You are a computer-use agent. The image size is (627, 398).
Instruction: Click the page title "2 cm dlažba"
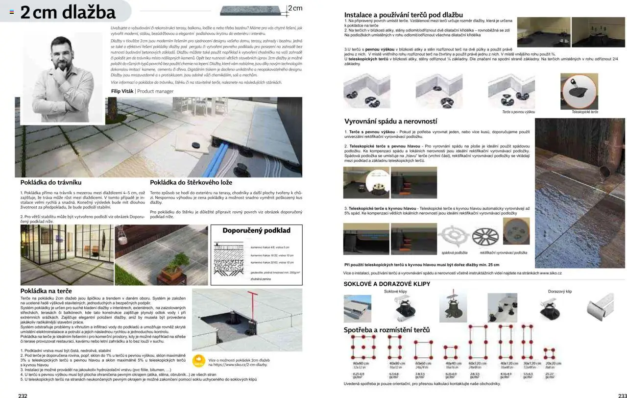pyautogui.click(x=68, y=12)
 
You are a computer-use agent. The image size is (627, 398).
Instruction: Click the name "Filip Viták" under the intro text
pyautogui.click(x=122, y=91)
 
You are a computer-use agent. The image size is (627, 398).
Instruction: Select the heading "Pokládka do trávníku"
pyautogui.click(x=51, y=182)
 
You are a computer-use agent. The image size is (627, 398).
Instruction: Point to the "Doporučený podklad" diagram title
pyautogui.click(x=256, y=230)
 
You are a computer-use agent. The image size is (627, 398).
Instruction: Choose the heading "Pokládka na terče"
pyautogui.click(x=47, y=291)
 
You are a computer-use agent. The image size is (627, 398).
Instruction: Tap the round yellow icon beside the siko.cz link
pyautogui.click(x=198, y=362)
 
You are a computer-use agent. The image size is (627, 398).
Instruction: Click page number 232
pyautogui.click(x=23, y=395)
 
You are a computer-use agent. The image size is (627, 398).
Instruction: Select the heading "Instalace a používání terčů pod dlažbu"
pyautogui.click(x=403, y=15)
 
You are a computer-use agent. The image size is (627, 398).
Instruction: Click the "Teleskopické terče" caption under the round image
pyautogui.click(x=585, y=112)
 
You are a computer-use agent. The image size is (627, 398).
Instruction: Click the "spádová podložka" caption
pyautogui.click(x=454, y=253)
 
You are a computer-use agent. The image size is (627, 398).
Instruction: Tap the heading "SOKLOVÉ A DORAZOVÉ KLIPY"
pyautogui.click(x=387, y=284)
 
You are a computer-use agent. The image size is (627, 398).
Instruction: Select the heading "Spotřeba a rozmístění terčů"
pyautogui.click(x=386, y=330)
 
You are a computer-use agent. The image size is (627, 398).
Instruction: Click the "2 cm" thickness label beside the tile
pyautogui.click(x=295, y=8)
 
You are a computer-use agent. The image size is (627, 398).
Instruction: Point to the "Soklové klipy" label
pyautogui.click(x=395, y=291)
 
